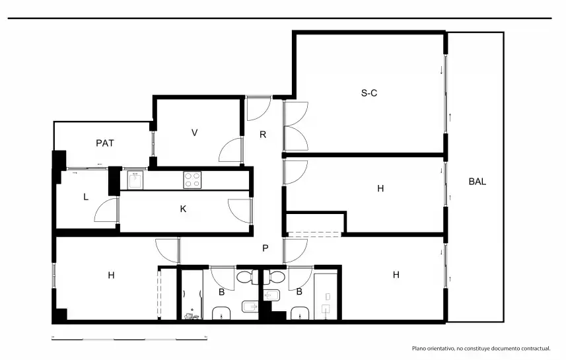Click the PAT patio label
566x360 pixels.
point(105,143)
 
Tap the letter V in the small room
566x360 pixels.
point(195,133)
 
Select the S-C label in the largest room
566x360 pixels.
point(369,93)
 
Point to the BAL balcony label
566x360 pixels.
point(478,182)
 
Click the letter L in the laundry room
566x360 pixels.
point(86,197)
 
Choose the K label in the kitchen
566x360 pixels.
point(183,209)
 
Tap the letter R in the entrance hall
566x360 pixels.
point(263,135)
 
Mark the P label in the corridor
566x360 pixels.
point(265,248)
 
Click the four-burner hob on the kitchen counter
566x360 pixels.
point(192,180)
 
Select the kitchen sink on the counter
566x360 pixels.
point(135,180)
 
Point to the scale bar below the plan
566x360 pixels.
point(129,339)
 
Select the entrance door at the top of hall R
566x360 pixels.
point(258,108)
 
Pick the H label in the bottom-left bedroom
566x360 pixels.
point(111,275)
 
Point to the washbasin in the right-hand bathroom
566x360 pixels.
point(300,313)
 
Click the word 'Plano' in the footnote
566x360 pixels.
point(419,349)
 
